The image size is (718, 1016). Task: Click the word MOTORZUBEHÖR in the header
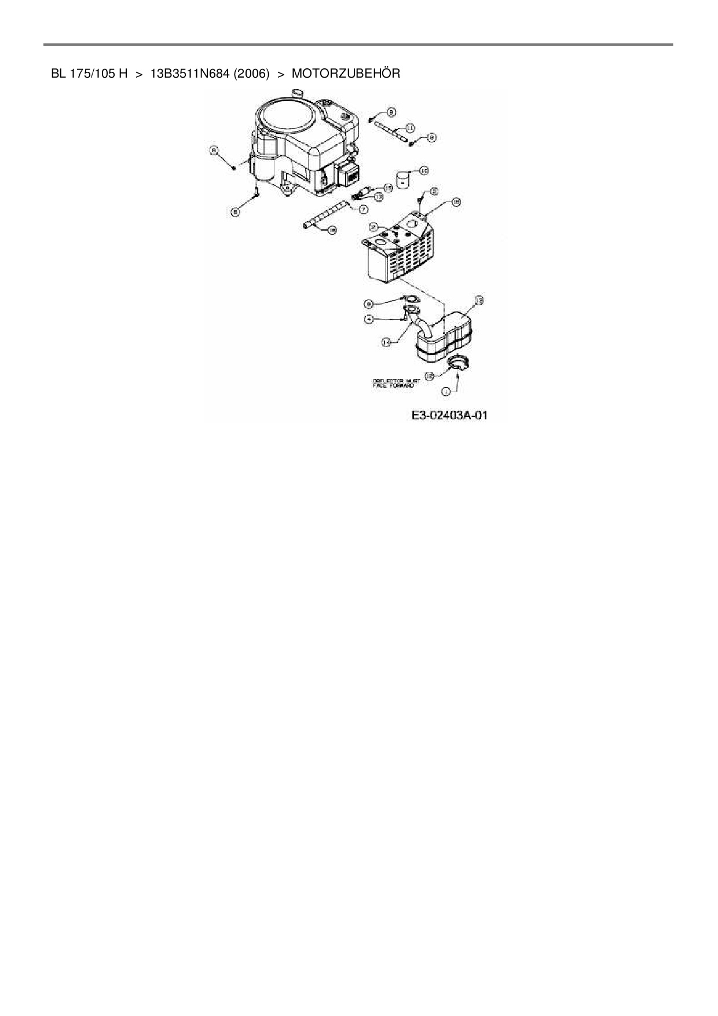pos(346,74)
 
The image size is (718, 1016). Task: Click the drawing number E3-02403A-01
pos(450,415)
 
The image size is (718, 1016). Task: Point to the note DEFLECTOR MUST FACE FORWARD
pos(396,383)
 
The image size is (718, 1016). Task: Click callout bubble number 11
pos(409,127)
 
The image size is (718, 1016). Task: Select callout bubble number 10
pos(423,171)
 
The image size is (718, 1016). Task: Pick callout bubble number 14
pos(386,342)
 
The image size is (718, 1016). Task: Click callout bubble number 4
pos(369,319)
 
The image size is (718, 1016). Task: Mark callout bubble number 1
pos(445,392)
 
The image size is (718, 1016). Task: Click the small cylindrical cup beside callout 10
pos(402,180)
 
